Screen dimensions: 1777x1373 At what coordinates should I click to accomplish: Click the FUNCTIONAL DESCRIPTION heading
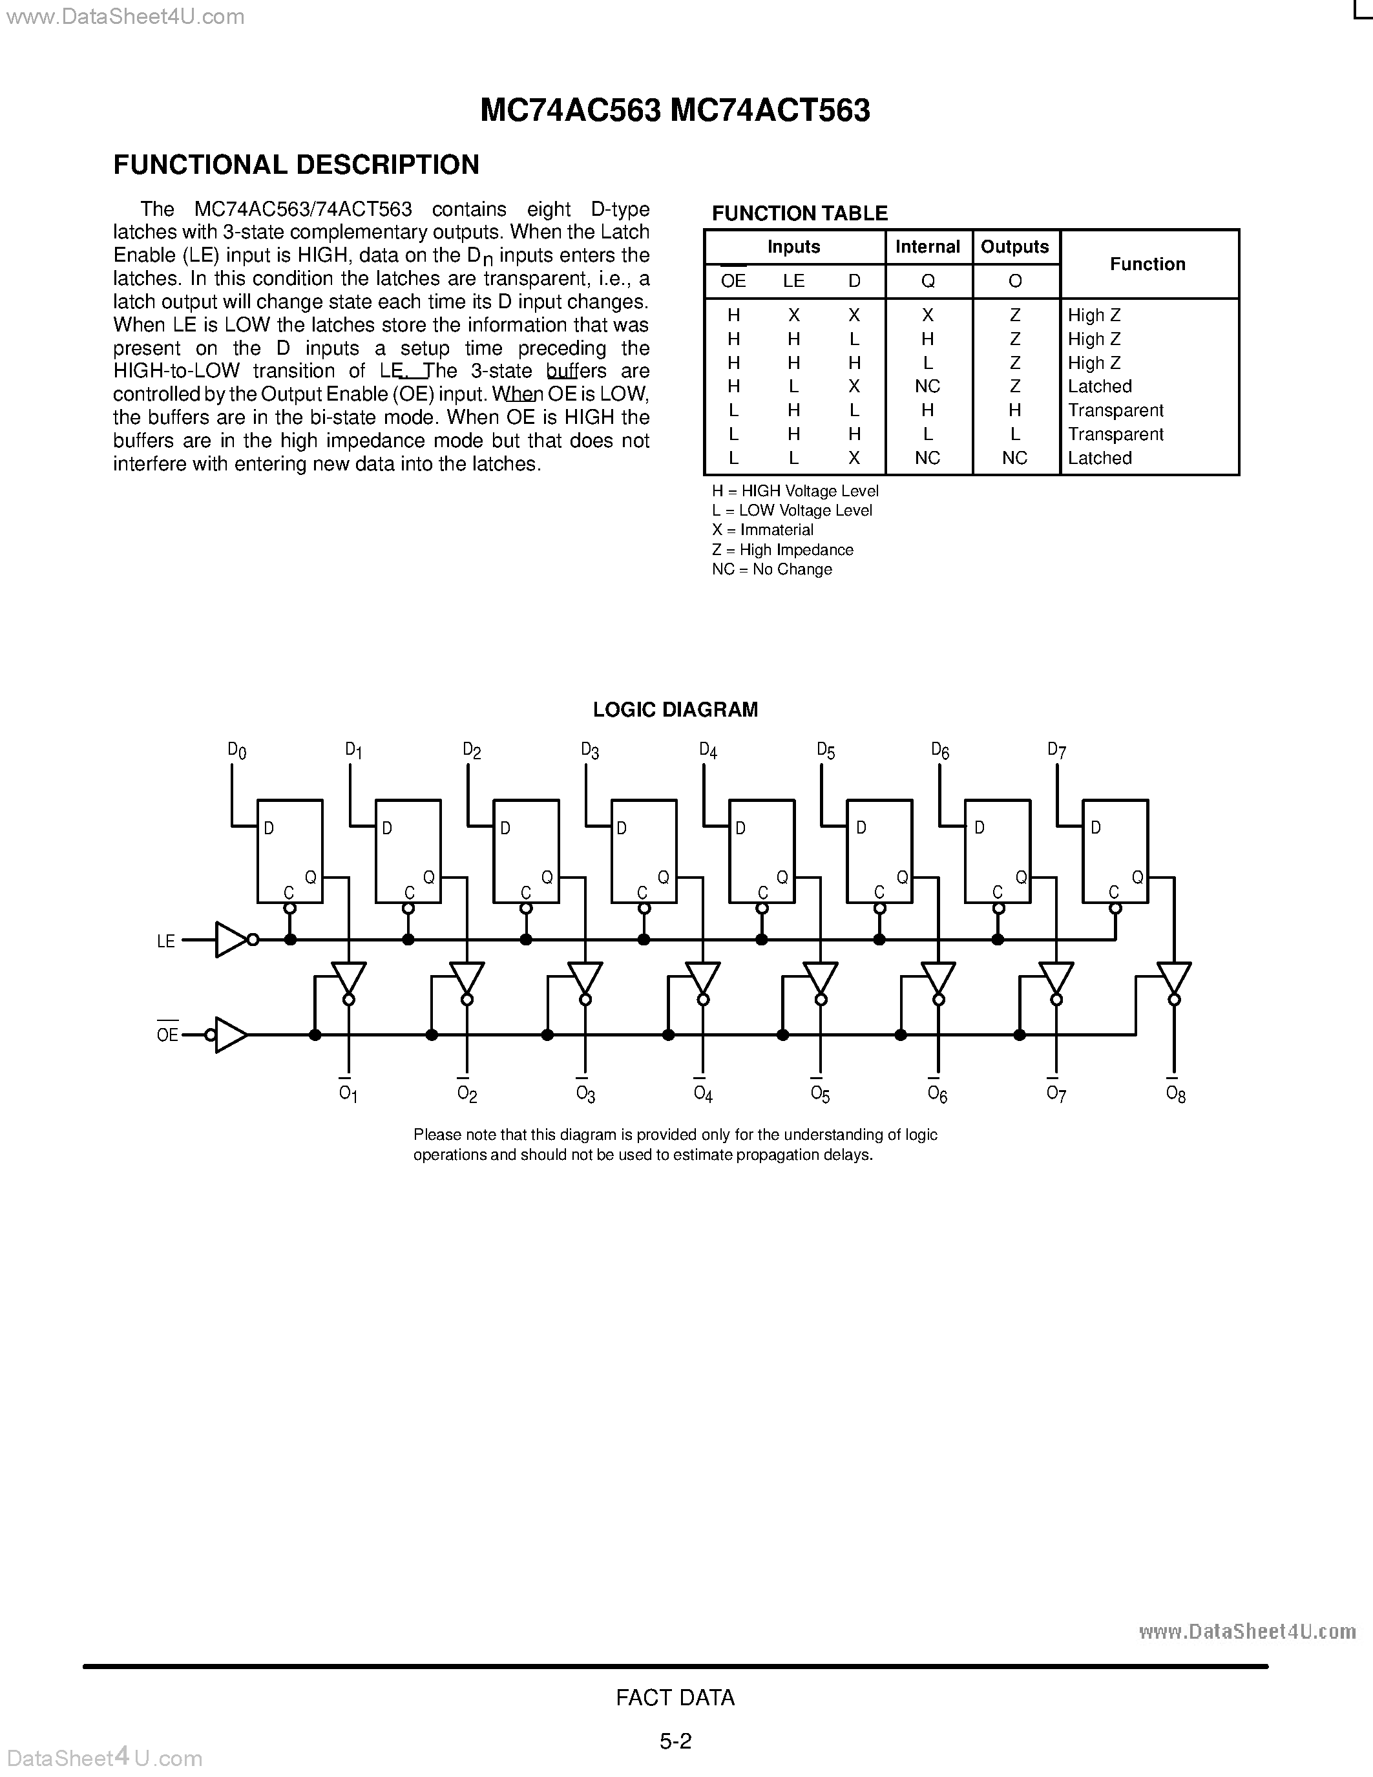(296, 165)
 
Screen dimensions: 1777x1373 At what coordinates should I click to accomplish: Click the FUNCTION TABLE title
(799, 213)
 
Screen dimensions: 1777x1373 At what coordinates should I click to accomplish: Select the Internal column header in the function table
(927, 247)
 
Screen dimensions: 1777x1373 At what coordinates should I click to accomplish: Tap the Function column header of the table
(1147, 264)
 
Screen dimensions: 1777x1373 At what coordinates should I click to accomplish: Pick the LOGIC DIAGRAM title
(675, 710)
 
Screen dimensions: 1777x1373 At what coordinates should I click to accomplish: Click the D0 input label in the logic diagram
(236, 750)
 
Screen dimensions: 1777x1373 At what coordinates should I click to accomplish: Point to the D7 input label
(1056, 750)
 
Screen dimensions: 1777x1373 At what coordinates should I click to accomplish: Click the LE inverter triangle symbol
(231, 940)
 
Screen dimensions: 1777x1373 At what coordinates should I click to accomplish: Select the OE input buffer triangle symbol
(231, 1035)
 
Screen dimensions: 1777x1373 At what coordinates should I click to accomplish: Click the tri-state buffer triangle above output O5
(820, 979)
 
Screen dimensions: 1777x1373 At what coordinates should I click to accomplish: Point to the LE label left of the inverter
(166, 941)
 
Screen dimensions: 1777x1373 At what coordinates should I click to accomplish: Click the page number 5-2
(675, 1741)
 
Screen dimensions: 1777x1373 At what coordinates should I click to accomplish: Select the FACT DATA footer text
(675, 1698)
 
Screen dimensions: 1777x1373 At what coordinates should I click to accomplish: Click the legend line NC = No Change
(771, 569)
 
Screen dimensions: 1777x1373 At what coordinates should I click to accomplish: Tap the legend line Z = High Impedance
(782, 550)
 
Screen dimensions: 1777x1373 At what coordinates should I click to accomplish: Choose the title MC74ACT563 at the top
(770, 110)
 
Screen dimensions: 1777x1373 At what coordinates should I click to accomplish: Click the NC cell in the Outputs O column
(1014, 458)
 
